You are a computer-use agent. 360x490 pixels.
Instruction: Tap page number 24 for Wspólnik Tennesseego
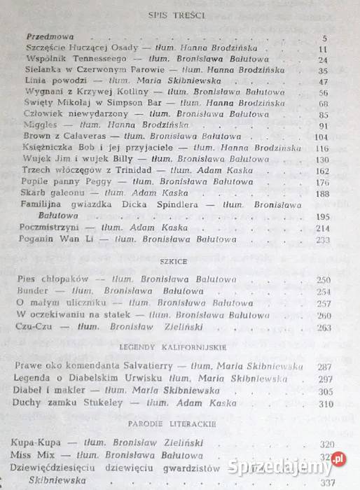(x=323, y=60)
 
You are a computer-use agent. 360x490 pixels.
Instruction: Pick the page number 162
(x=321, y=170)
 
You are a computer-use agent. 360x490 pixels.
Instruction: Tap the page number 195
(x=321, y=217)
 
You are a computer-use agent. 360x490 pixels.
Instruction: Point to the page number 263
(x=323, y=327)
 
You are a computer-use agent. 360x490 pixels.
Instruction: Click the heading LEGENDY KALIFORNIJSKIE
(x=181, y=347)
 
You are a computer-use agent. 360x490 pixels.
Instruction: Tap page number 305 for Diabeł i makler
(x=325, y=391)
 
